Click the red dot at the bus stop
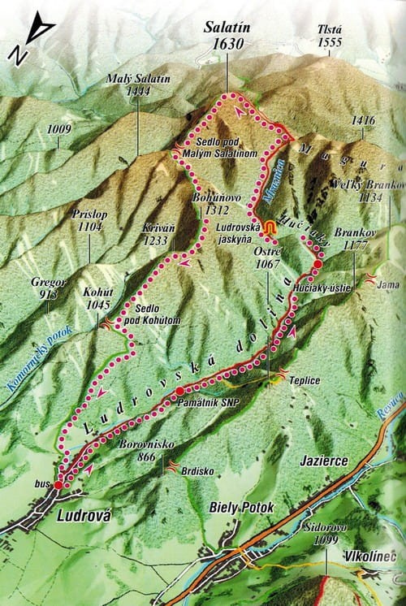(x=58, y=485)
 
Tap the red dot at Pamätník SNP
(x=179, y=392)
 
